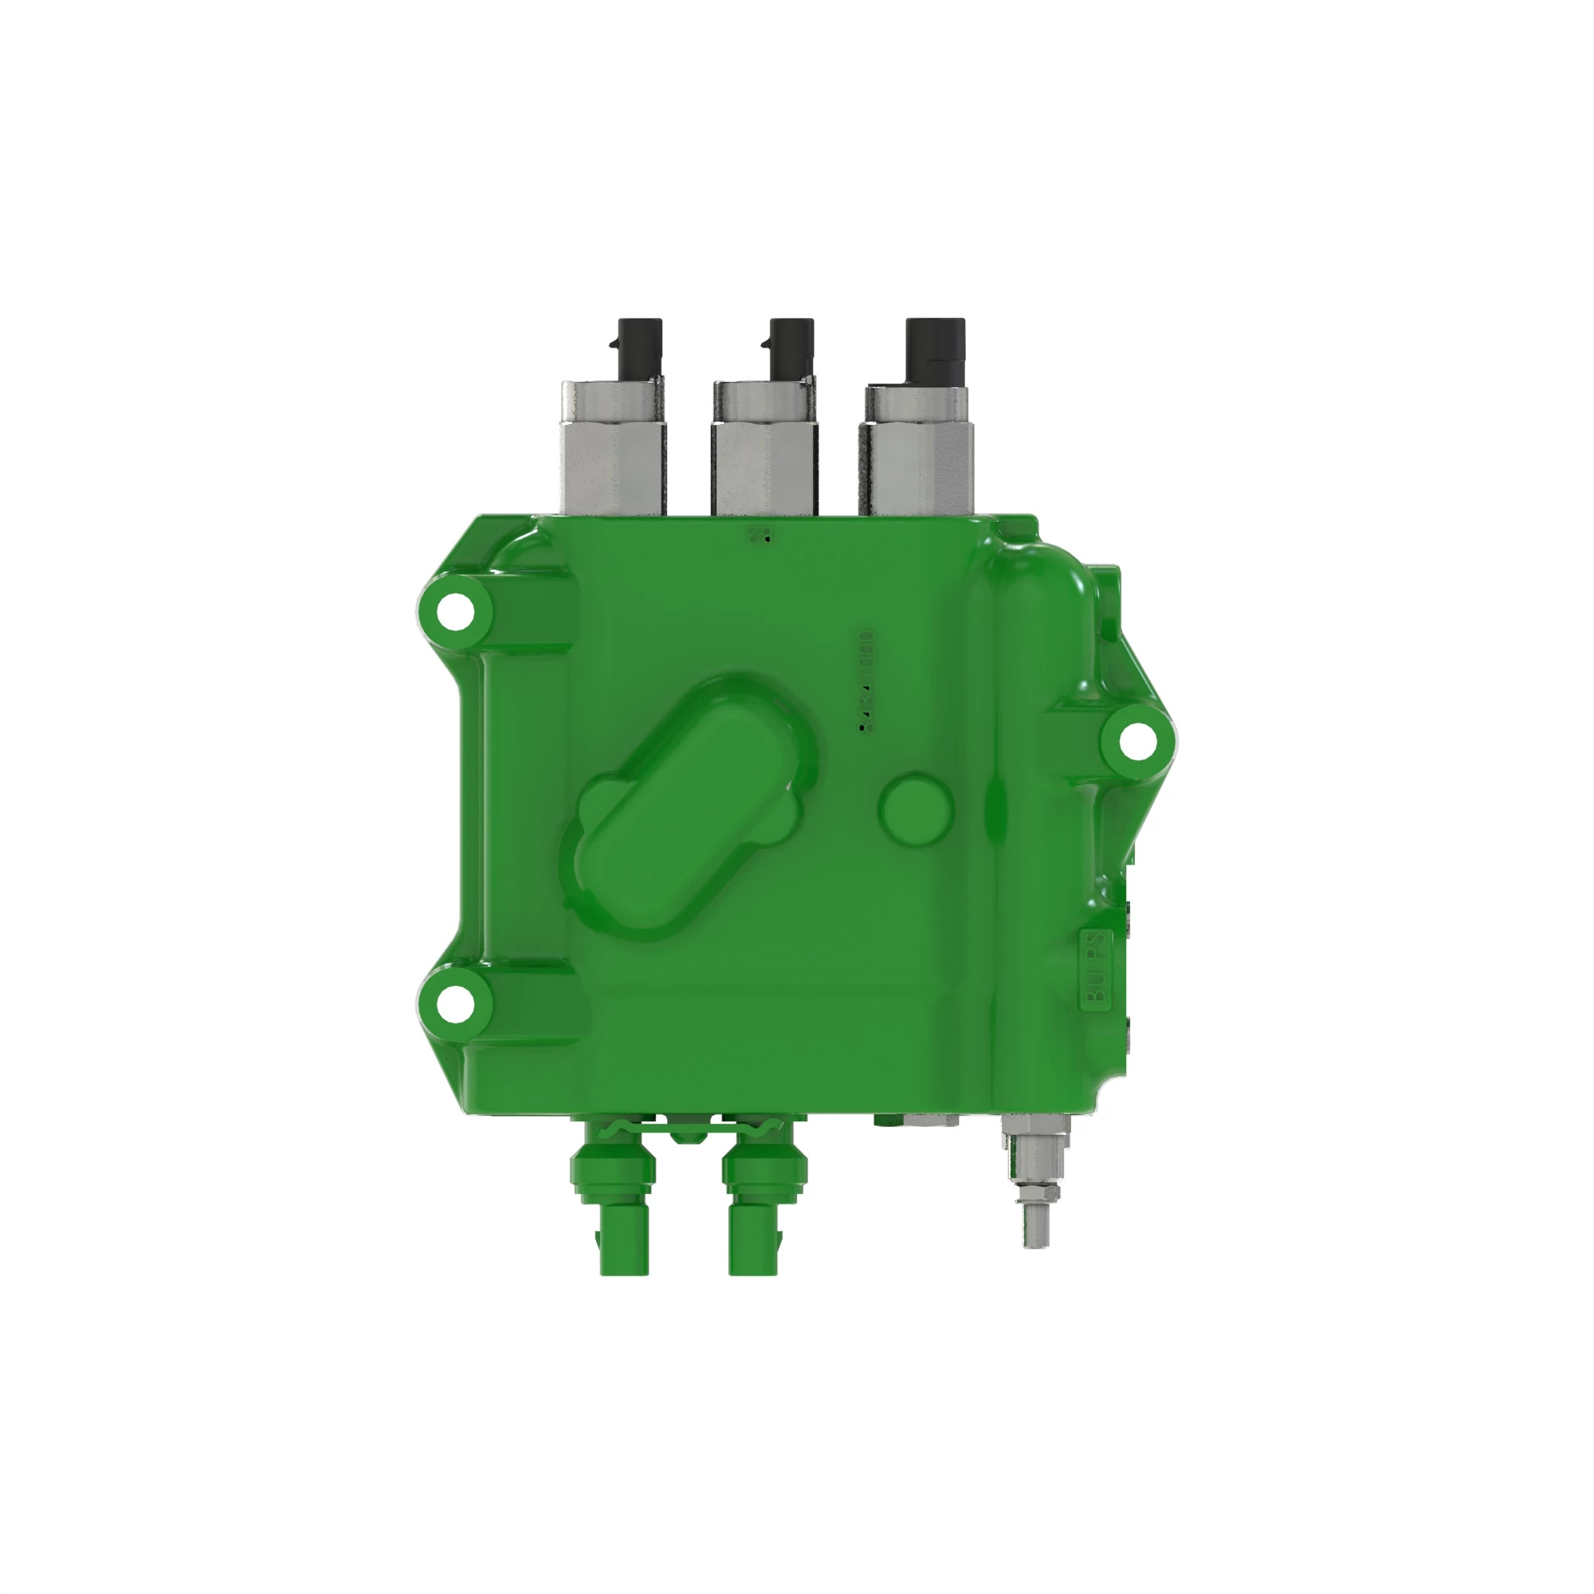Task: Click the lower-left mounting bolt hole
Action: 454,1003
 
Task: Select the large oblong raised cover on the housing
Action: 691,808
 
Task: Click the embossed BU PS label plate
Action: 1097,969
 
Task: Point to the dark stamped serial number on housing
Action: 866,681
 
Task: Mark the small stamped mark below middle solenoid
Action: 760,535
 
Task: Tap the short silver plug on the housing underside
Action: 932,1121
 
